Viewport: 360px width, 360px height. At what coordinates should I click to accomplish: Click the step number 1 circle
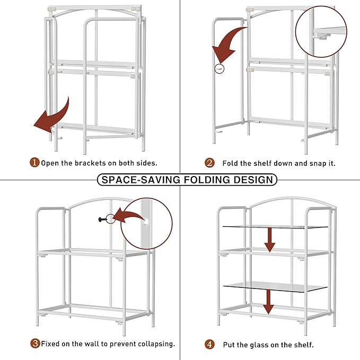point(34,163)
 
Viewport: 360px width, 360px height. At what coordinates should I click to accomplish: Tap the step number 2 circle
point(209,163)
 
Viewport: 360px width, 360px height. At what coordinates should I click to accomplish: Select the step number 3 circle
point(34,344)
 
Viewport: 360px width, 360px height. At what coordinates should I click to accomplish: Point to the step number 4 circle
point(209,344)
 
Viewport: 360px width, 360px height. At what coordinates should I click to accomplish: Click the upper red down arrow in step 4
point(270,239)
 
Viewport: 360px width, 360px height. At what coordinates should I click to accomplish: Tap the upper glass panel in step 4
point(275,227)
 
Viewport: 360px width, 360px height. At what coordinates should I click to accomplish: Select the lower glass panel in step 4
point(275,286)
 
